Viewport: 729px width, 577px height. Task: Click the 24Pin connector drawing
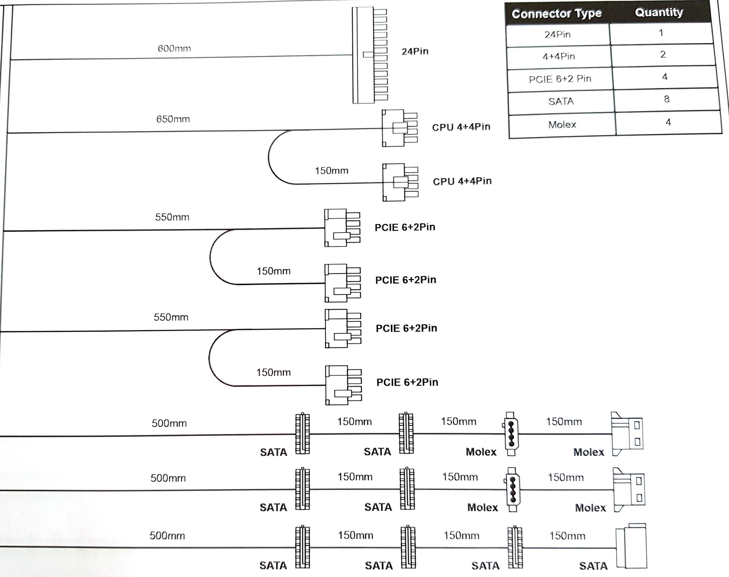point(369,55)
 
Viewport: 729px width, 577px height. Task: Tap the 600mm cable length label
point(174,48)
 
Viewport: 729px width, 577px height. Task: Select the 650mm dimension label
point(173,119)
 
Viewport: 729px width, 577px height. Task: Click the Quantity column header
point(659,12)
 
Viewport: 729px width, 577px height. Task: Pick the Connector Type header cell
point(556,14)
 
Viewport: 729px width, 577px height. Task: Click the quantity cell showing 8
point(667,99)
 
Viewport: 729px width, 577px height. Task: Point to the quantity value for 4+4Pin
point(663,54)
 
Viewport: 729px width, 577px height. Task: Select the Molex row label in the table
point(562,125)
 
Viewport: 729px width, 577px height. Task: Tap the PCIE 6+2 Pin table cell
point(560,79)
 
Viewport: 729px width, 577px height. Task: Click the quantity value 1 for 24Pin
point(661,33)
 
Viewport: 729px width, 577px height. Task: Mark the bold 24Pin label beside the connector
point(415,51)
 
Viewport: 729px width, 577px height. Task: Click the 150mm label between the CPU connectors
point(331,171)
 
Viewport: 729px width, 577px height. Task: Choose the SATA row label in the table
point(561,102)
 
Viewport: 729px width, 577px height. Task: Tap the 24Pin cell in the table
point(557,35)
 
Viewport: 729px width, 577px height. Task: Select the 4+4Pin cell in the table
point(558,56)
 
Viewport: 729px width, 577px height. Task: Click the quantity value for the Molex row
point(668,122)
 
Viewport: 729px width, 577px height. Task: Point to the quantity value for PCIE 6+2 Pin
point(665,77)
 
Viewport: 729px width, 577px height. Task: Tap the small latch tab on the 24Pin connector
point(368,54)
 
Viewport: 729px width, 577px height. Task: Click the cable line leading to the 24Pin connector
point(178,58)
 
